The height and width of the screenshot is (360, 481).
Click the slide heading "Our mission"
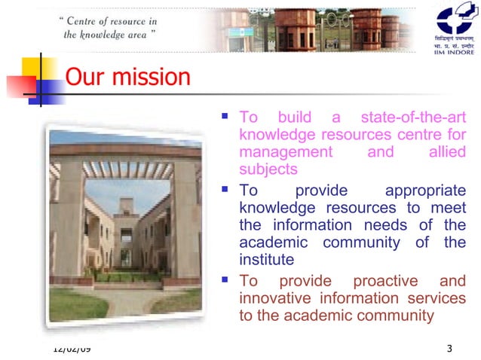tap(127, 78)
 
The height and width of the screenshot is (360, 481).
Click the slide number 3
tap(449, 348)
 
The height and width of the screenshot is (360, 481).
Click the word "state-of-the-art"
tap(413, 117)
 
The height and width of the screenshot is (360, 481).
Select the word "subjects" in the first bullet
tap(268, 169)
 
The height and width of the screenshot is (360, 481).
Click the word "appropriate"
tap(425, 191)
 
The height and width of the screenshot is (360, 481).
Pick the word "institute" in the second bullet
tap(266, 260)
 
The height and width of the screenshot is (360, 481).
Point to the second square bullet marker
tap(224, 189)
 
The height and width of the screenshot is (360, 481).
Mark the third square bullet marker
tap(224, 279)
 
